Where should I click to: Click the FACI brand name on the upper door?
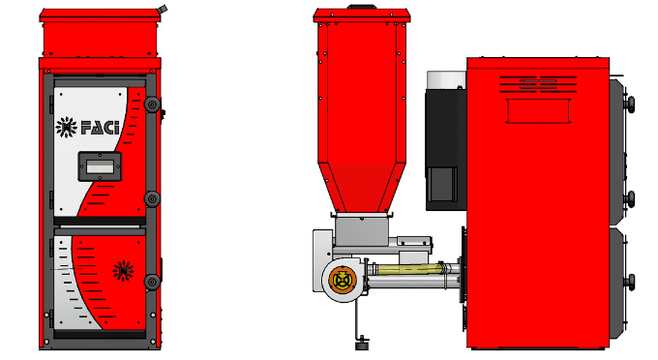click(x=100, y=128)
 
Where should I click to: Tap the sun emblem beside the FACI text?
click(x=67, y=127)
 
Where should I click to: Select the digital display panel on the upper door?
click(x=100, y=166)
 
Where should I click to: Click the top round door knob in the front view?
click(x=152, y=105)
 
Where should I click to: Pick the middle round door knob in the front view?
click(x=152, y=199)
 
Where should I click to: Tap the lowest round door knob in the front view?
click(x=152, y=282)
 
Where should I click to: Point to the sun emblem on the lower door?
click(x=124, y=271)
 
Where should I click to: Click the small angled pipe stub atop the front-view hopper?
click(x=162, y=10)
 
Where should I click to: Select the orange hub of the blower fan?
click(x=343, y=280)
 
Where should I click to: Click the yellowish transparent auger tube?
click(x=408, y=269)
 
